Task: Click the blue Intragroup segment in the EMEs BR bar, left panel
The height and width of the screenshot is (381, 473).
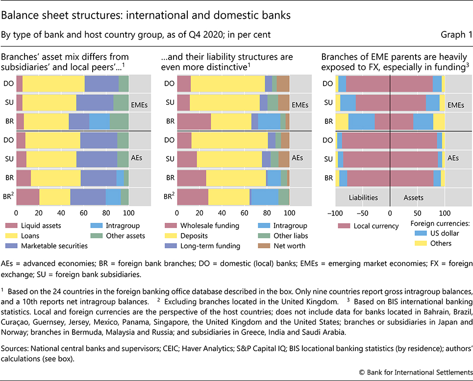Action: click(99, 121)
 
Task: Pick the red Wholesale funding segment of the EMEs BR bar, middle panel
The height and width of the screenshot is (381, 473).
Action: click(194, 121)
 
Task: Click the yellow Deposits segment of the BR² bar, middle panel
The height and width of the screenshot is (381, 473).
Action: click(229, 196)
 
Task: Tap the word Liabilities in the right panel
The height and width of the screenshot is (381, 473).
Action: click(363, 197)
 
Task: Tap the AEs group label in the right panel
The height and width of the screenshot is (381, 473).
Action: click(453, 158)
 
